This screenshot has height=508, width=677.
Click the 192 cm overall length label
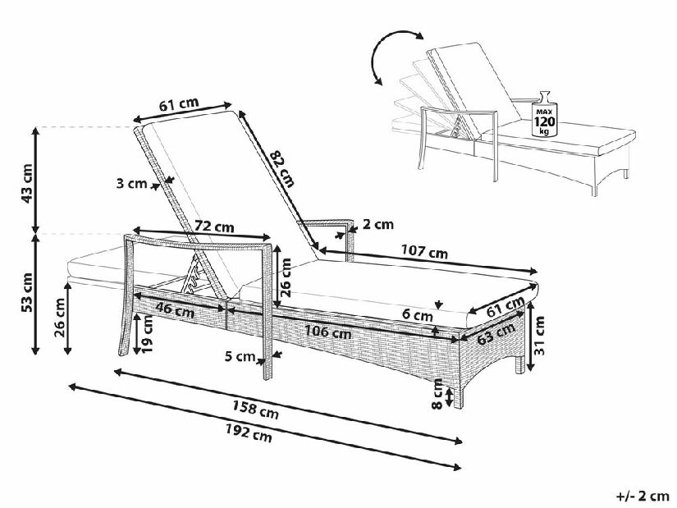click(x=249, y=432)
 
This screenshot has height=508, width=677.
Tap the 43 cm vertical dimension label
click(x=26, y=184)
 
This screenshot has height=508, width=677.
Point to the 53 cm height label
click(x=26, y=292)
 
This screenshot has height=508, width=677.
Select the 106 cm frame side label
click(x=327, y=332)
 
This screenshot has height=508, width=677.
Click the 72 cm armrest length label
click(x=214, y=226)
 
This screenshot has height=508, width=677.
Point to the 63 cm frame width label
click(x=496, y=333)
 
